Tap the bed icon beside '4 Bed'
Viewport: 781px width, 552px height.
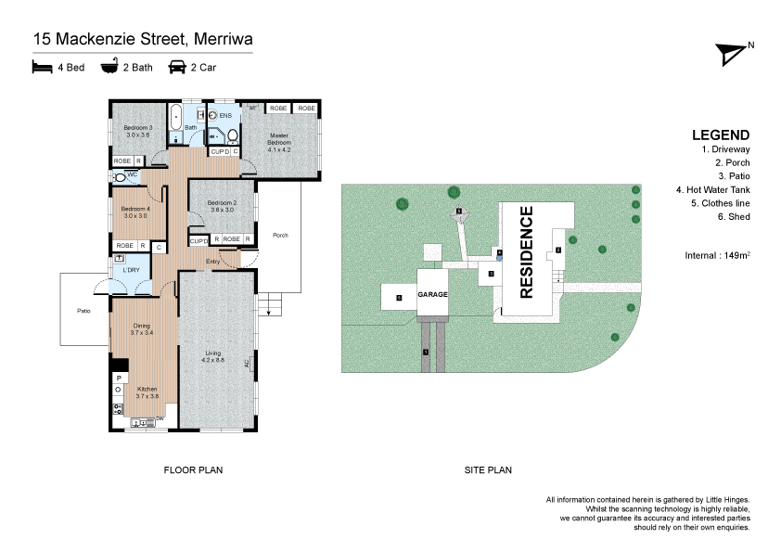click(x=41, y=67)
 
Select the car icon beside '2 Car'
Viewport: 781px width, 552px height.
click(x=176, y=67)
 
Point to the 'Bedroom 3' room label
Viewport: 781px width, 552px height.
click(x=137, y=130)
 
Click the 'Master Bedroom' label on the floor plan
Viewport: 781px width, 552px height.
click(x=279, y=141)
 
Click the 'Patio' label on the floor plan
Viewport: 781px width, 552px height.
click(x=83, y=311)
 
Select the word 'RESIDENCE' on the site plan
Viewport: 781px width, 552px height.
click(x=526, y=252)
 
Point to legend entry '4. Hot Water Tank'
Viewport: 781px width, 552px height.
click(x=712, y=189)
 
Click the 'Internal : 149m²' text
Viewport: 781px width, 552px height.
click(x=717, y=253)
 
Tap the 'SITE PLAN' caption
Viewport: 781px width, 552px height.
click(x=487, y=470)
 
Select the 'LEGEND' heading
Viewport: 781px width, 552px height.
click(x=720, y=134)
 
